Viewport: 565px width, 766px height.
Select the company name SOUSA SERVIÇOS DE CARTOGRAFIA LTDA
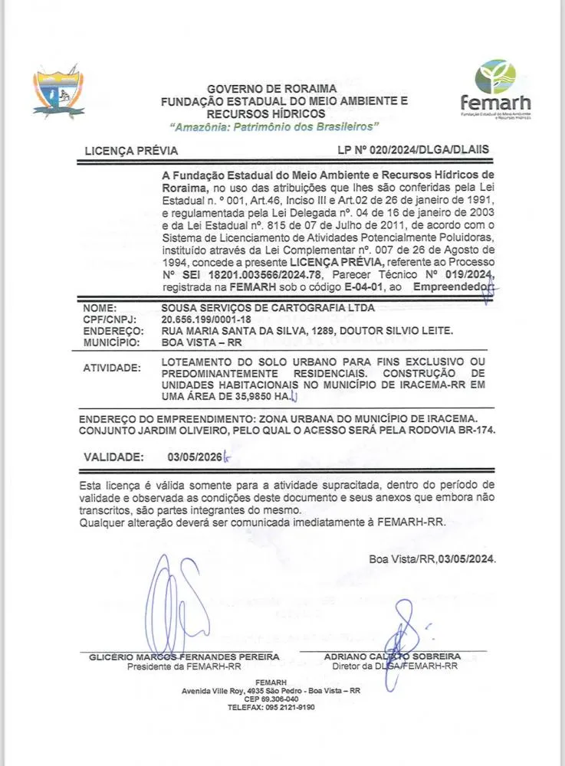click(x=268, y=306)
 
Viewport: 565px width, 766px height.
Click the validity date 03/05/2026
click(x=194, y=457)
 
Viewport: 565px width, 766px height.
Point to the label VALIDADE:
click(x=113, y=457)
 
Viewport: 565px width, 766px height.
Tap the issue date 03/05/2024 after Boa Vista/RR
click(x=467, y=559)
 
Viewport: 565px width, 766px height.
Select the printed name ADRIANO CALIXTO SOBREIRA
click(x=392, y=657)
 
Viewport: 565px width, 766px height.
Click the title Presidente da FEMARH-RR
click(x=184, y=666)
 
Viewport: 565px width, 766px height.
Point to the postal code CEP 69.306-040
click(x=271, y=699)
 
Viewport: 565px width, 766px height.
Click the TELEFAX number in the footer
click(x=271, y=708)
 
